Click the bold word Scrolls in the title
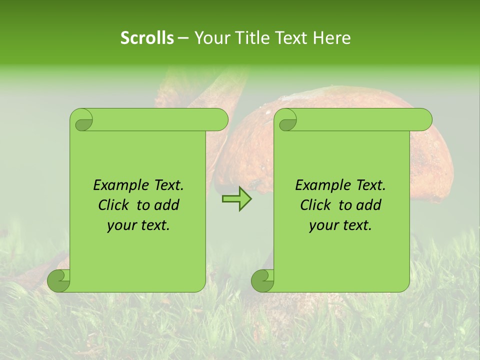(x=147, y=38)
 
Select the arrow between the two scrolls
(x=236, y=198)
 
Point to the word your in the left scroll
(x=121, y=225)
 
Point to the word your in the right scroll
(x=323, y=225)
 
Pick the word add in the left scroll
(x=166, y=205)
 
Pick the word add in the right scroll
(x=368, y=205)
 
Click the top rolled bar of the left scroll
(x=155, y=119)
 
